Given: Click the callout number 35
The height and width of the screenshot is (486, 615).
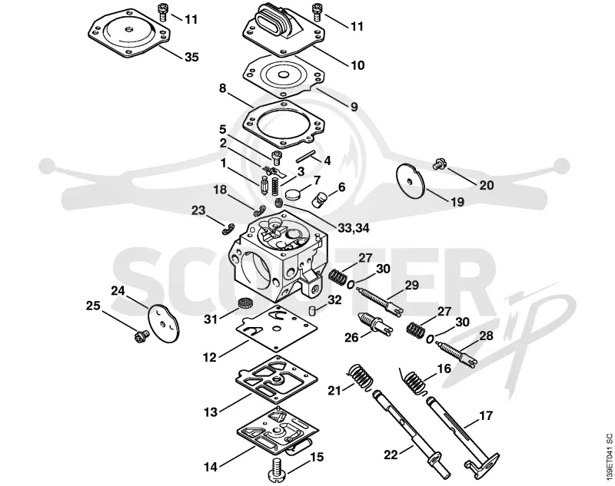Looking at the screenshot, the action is click(x=191, y=57).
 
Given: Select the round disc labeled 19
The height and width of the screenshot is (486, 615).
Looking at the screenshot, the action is click(x=411, y=181).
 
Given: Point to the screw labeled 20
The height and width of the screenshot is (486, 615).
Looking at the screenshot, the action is click(x=437, y=164).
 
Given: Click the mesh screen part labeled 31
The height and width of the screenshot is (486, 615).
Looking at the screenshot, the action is click(x=244, y=303).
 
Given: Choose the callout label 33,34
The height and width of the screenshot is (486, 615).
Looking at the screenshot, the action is click(x=354, y=228).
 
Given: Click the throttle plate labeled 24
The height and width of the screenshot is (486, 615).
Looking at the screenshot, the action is click(x=164, y=322).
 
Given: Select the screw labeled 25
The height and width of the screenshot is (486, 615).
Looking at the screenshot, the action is click(x=141, y=336).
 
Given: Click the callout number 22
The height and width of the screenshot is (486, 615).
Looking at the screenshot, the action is click(x=391, y=455).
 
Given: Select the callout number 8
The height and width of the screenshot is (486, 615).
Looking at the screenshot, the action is click(x=223, y=89).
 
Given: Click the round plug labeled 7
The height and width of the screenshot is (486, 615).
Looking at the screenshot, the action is click(x=294, y=193).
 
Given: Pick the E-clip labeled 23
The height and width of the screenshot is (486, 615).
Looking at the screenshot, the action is click(x=228, y=230).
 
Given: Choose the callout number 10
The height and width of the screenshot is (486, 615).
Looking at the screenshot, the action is click(x=357, y=65).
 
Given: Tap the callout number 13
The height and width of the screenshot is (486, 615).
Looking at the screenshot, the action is click(x=211, y=412).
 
